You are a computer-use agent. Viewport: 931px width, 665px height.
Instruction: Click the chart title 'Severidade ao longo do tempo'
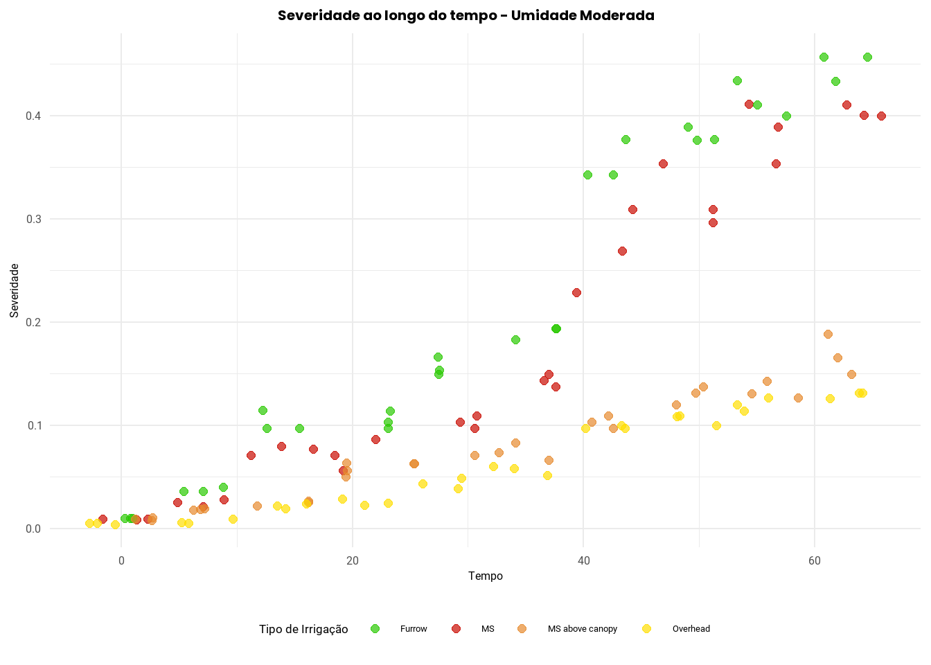465,15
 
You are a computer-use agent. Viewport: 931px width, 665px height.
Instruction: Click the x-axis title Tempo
485,576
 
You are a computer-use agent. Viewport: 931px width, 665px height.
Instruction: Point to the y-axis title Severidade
15,290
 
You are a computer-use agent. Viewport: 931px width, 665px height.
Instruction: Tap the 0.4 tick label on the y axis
33,116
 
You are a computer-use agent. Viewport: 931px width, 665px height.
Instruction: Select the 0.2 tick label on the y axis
33,322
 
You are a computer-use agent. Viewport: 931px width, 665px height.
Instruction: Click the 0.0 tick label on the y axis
33,529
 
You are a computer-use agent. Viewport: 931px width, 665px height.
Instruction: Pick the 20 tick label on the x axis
353,560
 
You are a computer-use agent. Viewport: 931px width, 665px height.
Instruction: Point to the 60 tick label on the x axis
815,560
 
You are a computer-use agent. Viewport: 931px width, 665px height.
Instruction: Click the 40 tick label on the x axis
583,560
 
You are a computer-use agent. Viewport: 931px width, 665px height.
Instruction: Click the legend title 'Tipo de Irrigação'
303,629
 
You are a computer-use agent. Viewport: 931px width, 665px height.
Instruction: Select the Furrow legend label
414,629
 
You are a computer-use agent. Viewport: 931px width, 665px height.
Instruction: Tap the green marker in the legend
375,628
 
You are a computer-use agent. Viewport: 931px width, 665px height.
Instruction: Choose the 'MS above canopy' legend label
582,629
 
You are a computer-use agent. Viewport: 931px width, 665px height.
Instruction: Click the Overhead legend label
691,629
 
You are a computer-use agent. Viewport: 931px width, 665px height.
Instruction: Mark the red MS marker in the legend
456,628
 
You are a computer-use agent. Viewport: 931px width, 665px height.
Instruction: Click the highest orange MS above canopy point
828,334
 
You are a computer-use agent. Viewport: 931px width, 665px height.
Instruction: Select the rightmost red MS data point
881,116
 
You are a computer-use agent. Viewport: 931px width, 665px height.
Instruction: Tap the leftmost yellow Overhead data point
89,523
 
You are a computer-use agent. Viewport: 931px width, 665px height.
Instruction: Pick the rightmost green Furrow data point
867,57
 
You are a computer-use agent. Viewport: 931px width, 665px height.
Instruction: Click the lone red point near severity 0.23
576,292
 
